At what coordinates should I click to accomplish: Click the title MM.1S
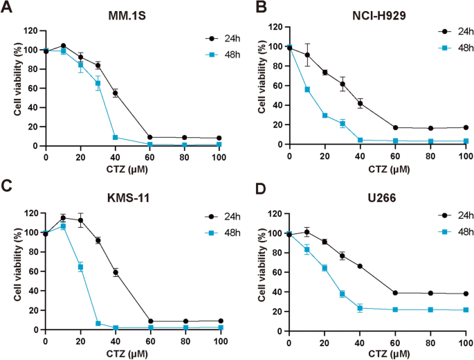pos(125,15)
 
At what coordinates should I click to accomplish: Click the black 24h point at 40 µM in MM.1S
pos(116,93)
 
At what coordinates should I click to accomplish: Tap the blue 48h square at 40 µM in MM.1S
pos(116,137)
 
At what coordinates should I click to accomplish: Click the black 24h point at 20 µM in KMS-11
pos(80,221)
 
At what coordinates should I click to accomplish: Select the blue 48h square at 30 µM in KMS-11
pos(98,323)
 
